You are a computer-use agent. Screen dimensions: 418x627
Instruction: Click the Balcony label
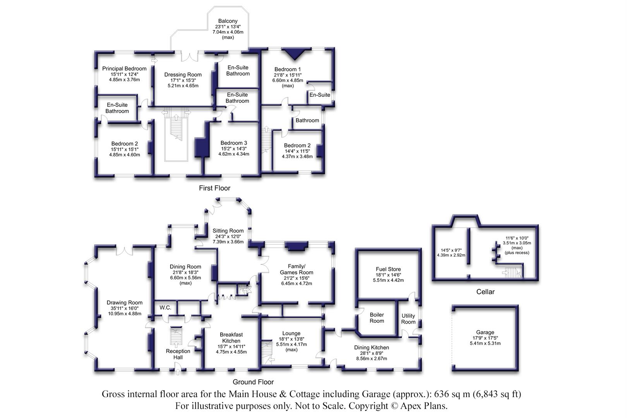click(228, 21)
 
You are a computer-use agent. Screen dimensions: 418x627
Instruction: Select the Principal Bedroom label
click(124, 69)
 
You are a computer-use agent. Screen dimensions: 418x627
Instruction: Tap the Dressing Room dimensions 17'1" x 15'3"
click(183, 80)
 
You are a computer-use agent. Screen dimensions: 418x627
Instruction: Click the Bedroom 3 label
click(234, 143)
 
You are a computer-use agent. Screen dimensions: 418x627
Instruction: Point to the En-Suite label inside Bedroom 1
click(320, 95)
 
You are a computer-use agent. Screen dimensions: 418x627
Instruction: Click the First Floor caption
click(214, 188)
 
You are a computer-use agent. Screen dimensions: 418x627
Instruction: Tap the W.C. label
click(165, 308)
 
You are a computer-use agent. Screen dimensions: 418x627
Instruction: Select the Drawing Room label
click(125, 303)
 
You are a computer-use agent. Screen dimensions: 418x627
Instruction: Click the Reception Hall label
click(178, 354)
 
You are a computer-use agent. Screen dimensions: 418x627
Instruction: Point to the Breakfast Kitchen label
click(231, 337)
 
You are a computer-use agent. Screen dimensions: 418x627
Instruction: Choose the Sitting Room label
click(228, 231)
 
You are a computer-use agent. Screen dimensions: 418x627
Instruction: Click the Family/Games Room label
click(296, 269)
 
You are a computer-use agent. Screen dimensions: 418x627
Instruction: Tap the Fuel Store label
click(388, 269)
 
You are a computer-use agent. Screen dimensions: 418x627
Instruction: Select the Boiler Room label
click(377, 318)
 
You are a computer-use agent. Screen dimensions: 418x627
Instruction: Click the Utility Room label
click(408, 319)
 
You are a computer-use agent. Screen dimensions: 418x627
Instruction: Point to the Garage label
click(485, 332)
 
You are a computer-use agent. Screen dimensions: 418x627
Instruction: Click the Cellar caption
click(485, 292)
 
